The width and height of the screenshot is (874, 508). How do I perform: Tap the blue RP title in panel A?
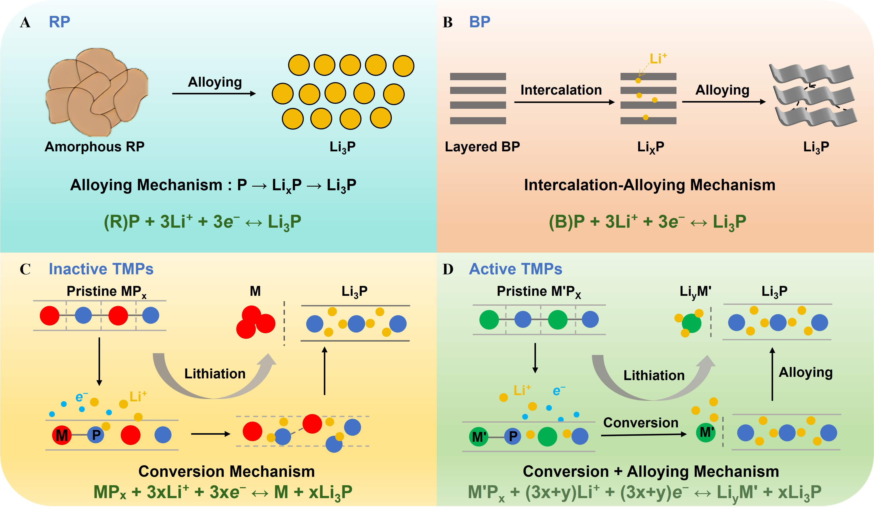[59, 22]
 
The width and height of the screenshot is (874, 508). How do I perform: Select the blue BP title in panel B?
[480, 22]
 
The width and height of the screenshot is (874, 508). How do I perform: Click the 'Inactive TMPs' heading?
[101, 269]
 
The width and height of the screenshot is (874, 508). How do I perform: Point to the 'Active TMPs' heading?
[515, 269]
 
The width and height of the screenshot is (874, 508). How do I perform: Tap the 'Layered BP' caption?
[482, 147]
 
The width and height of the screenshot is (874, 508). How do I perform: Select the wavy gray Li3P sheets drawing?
[813, 95]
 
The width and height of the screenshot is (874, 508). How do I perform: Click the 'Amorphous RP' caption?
[94, 147]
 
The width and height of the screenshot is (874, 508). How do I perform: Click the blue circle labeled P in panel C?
[96, 435]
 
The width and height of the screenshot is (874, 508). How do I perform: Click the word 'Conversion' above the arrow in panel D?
[641, 423]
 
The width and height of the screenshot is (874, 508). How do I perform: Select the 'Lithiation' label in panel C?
[215, 374]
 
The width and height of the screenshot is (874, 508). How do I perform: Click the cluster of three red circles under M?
[255, 322]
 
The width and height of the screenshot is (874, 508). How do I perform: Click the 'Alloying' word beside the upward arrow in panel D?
[806, 373]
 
